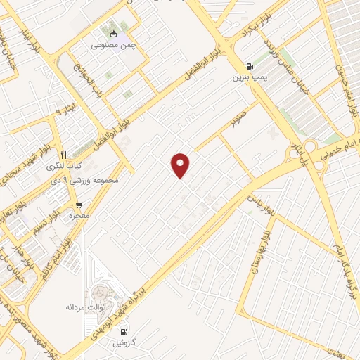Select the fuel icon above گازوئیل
124,332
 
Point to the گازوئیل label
124,344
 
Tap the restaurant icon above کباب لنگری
63,155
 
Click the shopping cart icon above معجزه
77,206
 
